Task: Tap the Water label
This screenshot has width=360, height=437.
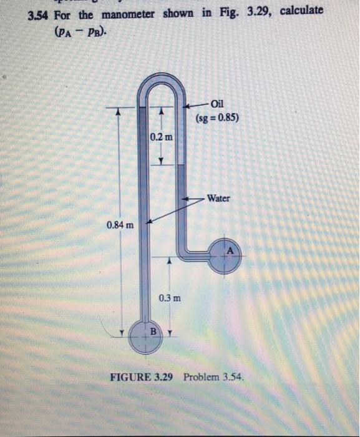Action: pos(219,199)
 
